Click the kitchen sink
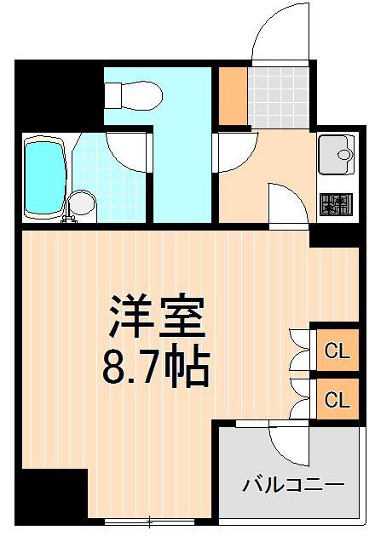pos(337,156)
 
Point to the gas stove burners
pos(336,204)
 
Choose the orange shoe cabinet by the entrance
pos(231,94)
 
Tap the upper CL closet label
pos(337,350)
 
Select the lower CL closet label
pos(337,398)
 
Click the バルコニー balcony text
pos(292,485)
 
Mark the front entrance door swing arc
pos(278,34)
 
